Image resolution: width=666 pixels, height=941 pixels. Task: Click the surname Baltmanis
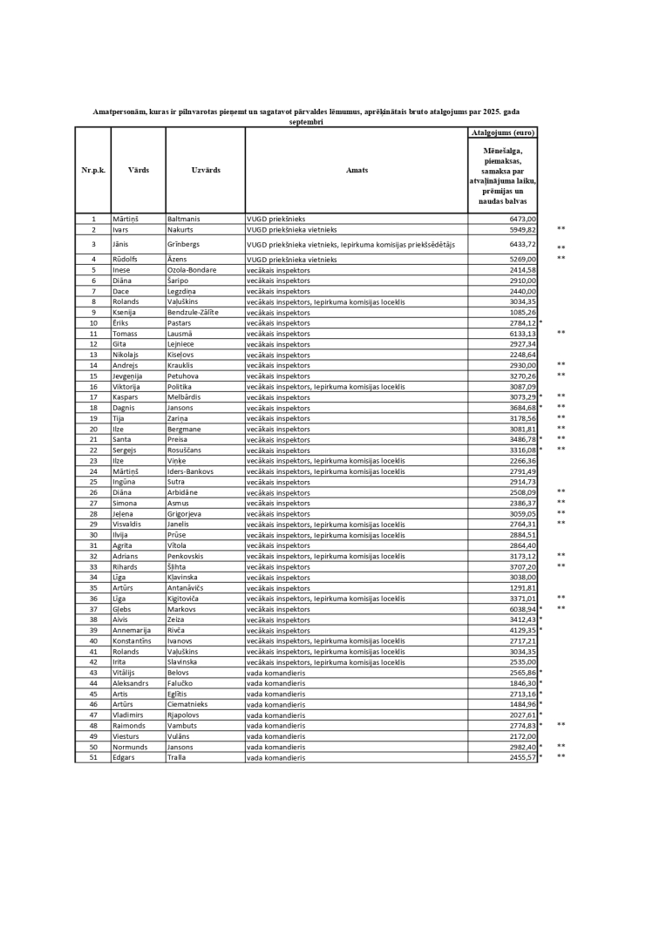[185, 219]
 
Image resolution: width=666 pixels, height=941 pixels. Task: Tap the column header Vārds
[138, 170]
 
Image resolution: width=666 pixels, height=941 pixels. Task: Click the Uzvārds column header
[205, 170]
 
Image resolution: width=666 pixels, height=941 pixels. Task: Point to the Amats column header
[357, 170]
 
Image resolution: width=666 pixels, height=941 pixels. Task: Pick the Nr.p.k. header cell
[93, 170]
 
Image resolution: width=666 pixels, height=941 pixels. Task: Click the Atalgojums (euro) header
[503, 132]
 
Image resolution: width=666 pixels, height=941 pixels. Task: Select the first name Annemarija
[132, 630]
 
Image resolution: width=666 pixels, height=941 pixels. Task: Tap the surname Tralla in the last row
[178, 757]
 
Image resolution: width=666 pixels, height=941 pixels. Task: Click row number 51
[93, 757]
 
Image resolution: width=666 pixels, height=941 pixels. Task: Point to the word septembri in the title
[306, 123]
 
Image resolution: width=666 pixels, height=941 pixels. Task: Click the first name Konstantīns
[132, 640]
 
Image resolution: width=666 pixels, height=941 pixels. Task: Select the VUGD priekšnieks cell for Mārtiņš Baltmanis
[276, 219]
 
